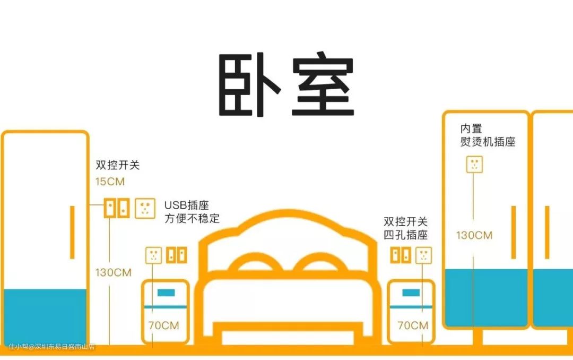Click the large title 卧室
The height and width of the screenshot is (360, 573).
click(286, 84)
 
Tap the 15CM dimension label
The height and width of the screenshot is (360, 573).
click(110, 182)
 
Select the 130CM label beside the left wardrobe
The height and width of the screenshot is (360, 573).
click(114, 272)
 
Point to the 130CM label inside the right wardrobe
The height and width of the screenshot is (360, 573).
click(474, 235)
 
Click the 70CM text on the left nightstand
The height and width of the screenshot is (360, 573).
click(164, 325)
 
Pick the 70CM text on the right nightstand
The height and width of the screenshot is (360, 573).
click(413, 325)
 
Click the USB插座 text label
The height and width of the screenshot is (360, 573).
click(187, 205)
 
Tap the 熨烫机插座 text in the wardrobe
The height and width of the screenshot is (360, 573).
click(488, 142)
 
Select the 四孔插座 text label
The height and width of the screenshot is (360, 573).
click(406, 235)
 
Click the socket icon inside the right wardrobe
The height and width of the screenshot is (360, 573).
click(474, 164)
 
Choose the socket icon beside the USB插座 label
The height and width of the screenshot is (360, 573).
click(145, 209)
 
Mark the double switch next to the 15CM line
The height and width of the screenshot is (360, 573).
click(117, 208)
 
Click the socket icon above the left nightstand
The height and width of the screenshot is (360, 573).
click(153, 255)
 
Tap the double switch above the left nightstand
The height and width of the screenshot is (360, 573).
click(177, 255)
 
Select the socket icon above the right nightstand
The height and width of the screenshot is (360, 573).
click(423, 255)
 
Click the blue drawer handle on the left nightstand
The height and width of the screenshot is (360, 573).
click(166, 293)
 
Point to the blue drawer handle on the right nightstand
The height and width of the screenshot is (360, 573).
click(411, 293)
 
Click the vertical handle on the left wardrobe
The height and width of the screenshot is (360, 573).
click(72, 233)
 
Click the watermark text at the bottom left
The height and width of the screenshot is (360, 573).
click(51, 347)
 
